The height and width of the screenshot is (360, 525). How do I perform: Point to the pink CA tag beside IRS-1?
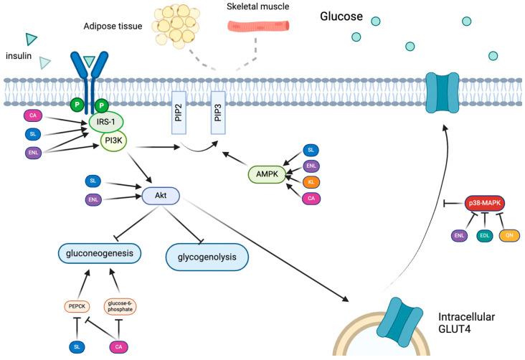click(32, 115)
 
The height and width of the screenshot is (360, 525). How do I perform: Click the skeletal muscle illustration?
click(259, 26)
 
